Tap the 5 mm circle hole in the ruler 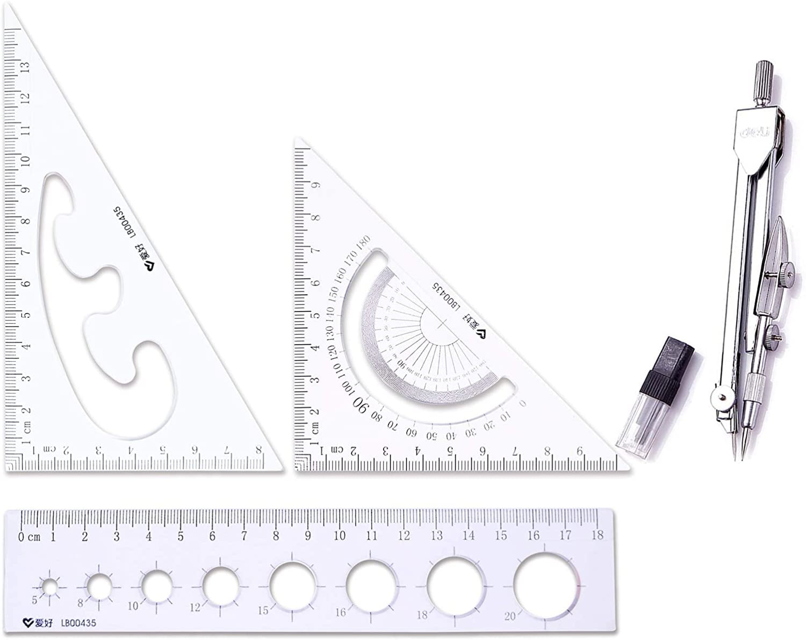(49, 587)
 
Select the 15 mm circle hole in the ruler (293, 586)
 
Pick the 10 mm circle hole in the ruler (156, 586)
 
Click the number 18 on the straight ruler (597, 535)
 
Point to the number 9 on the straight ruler (308, 535)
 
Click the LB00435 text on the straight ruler (78, 623)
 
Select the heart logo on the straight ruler (28, 623)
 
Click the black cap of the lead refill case (671, 357)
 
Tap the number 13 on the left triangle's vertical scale (25, 67)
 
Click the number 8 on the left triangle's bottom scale (258, 450)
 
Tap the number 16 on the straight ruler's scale (533, 535)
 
